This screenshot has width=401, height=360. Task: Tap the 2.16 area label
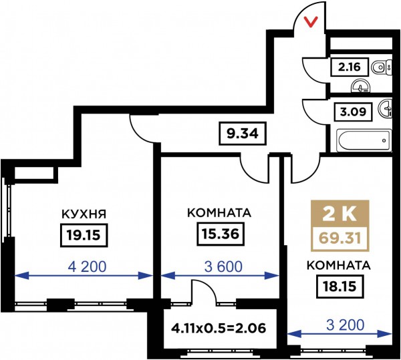click(348, 67)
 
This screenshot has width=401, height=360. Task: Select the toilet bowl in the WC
click(380, 67)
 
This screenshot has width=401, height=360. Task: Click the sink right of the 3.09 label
click(386, 109)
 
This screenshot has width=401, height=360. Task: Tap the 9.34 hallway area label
click(241, 132)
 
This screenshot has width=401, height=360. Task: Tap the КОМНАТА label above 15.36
click(219, 214)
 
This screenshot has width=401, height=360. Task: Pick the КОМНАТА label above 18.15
click(338, 265)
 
